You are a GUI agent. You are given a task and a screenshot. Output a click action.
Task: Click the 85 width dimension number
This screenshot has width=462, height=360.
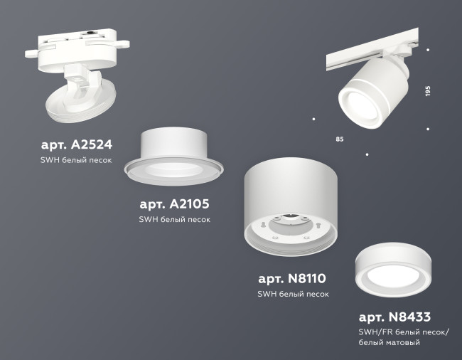[x=339, y=138]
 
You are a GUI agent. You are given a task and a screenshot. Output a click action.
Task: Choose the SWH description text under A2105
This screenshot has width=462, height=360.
[x=174, y=220]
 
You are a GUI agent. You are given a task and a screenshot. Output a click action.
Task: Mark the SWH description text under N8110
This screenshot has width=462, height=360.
[x=293, y=294]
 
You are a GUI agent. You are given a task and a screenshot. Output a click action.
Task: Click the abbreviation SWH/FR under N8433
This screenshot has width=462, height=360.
[x=374, y=332]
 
